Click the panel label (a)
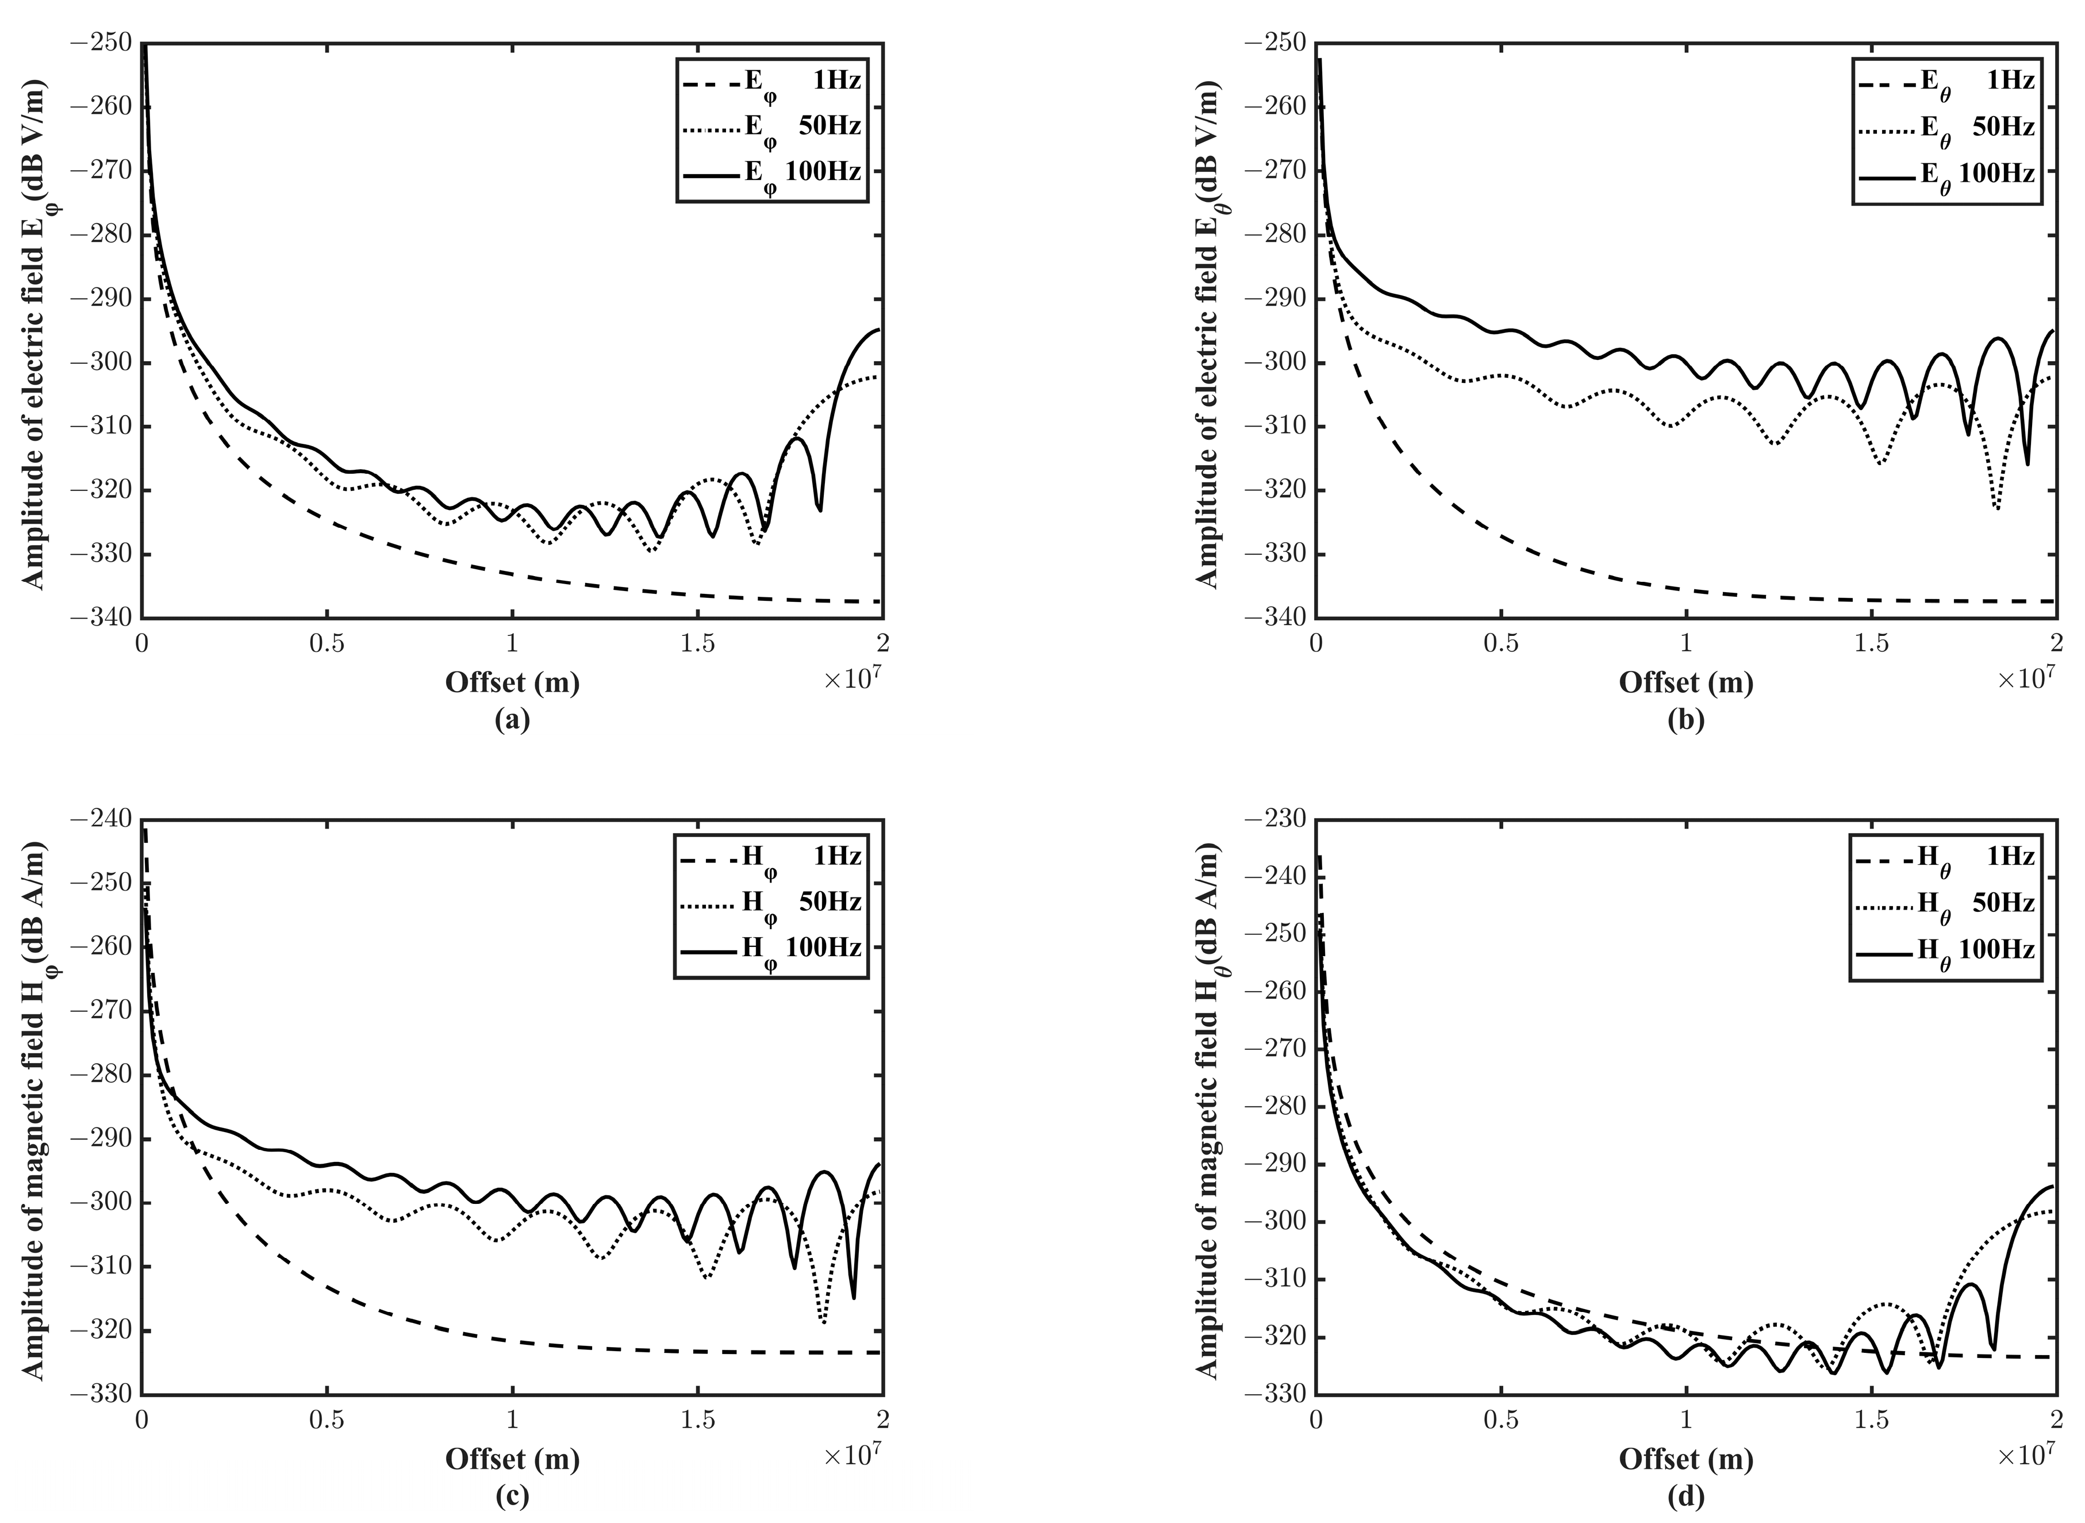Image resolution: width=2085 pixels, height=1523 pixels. point(513,720)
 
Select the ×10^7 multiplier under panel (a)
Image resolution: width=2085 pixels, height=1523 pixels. point(852,678)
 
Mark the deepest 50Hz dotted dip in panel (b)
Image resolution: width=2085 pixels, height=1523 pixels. point(1996,508)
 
